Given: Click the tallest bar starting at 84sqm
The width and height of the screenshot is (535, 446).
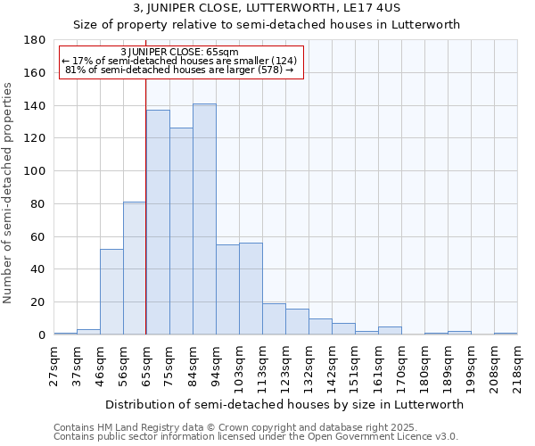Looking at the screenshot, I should pos(204,219).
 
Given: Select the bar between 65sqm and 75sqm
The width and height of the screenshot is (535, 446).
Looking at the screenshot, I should pos(158,222).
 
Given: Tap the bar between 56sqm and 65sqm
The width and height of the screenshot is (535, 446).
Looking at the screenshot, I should pos(135,268).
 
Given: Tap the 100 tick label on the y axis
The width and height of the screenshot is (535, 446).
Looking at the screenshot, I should pos(37,171).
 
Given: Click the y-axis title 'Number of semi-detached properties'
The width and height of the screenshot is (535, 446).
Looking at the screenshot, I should pos(9,193).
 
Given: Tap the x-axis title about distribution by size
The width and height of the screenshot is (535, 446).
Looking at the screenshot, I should pos(284,404).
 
